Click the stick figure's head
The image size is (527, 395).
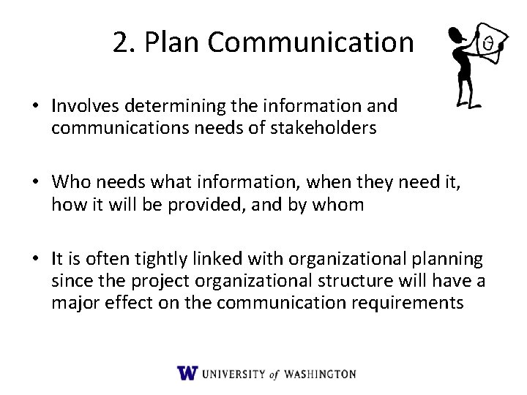pyautogui.click(x=455, y=34)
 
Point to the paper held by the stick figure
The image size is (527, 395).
pyautogui.click(x=489, y=45)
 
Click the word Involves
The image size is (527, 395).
pyautogui.click(x=81, y=106)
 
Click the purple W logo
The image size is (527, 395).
pyautogui.click(x=187, y=373)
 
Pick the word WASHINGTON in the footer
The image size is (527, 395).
pyautogui.click(x=316, y=374)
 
